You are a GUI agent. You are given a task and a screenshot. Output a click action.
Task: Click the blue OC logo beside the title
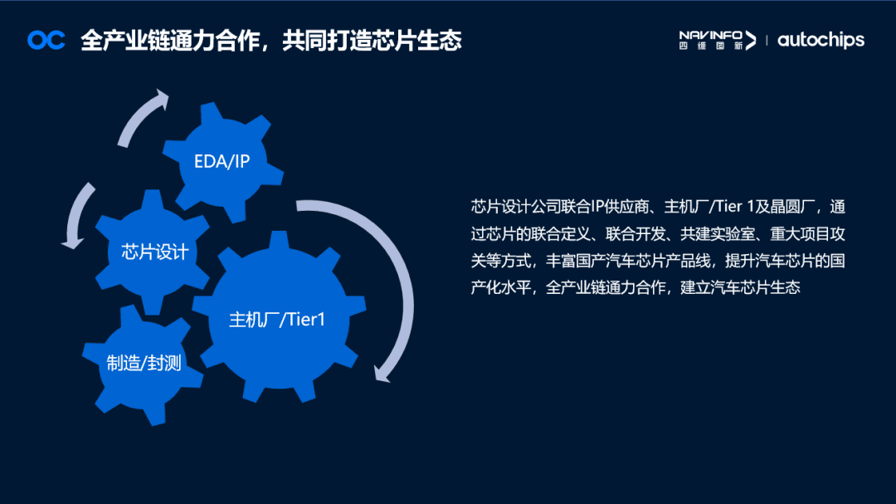tap(46, 40)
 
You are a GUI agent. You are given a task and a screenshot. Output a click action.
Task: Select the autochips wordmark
tap(821, 40)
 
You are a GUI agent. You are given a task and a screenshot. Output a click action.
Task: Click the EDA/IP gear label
tap(222, 161)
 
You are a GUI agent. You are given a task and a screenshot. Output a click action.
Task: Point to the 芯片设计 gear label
tap(154, 252)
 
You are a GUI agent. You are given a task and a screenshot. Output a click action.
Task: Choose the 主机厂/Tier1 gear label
tap(277, 320)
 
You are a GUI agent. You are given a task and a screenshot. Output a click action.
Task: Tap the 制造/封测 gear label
tap(144, 363)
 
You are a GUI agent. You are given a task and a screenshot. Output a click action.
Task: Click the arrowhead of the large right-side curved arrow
tap(381, 371)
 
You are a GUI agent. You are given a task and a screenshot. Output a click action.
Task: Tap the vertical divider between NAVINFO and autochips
tap(766, 40)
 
